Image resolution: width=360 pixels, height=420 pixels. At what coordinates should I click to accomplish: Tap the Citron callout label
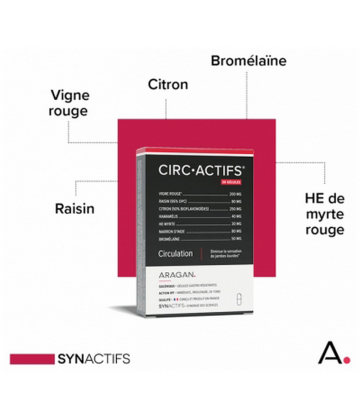click(167, 84)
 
